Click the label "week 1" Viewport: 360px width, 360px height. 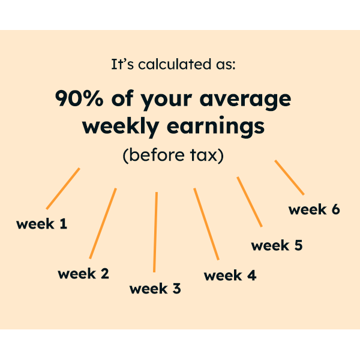click(x=42, y=225)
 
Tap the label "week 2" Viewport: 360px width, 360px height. click(x=83, y=274)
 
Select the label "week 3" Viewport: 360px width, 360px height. click(x=155, y=289)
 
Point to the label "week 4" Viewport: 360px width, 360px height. click(x=230, y=275)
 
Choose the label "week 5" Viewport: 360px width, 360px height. click(x=277, y=245)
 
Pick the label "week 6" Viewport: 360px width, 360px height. click(x=314, y=209)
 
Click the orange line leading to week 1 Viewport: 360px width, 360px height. click(x=63, y=188)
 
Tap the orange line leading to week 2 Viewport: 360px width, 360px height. click(x=103, y=223)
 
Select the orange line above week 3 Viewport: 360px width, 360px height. click(x=155, y=232)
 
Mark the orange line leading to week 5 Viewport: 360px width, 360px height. click(x=250, y=202)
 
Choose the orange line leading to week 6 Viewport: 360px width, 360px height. click(x=289, y=178)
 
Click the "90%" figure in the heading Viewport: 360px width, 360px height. click(x=77, y=98)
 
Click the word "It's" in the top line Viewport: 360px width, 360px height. click(x=122, y=64)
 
